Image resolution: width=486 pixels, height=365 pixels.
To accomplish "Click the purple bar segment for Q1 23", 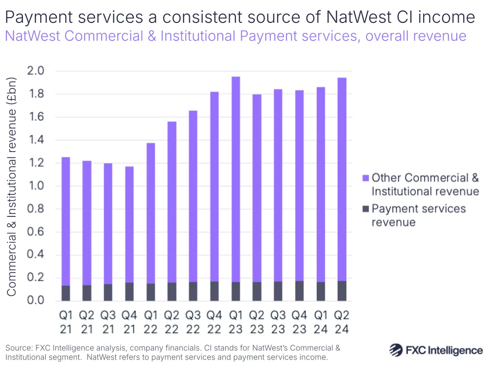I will [235, 179].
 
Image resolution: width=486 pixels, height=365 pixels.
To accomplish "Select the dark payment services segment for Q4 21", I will [129, 291].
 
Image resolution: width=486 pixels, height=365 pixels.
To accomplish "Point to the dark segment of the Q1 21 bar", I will [66, 293].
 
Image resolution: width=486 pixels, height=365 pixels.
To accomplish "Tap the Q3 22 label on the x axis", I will [193, 322].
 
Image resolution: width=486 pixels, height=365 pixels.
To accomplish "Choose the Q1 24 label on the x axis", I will [320, 322].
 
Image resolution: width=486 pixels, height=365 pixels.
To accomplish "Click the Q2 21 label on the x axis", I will [87, 322].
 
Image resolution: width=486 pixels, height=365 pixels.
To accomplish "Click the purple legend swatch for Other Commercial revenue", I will [366, 177].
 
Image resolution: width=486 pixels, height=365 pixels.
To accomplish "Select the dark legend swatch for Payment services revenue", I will [366, 209].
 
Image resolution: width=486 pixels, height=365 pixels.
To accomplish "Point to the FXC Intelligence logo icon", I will [396, 349].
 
